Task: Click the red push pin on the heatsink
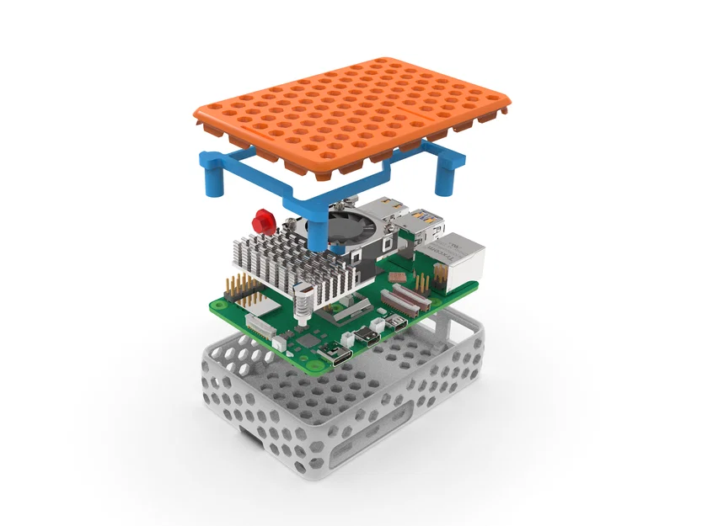pyautogui.click(x=262, y=221)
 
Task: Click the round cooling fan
pyautogui.click(x=346, y=226)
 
